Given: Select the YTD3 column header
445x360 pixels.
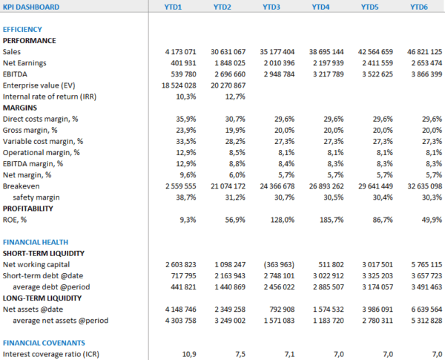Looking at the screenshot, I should point(271,7).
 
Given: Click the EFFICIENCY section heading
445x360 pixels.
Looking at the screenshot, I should point(22,30).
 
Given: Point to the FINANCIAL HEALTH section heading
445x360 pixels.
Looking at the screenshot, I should point(36,242).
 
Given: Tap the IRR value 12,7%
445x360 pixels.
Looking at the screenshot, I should point(236,96).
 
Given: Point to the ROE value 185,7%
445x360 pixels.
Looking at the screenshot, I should point(332,220).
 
